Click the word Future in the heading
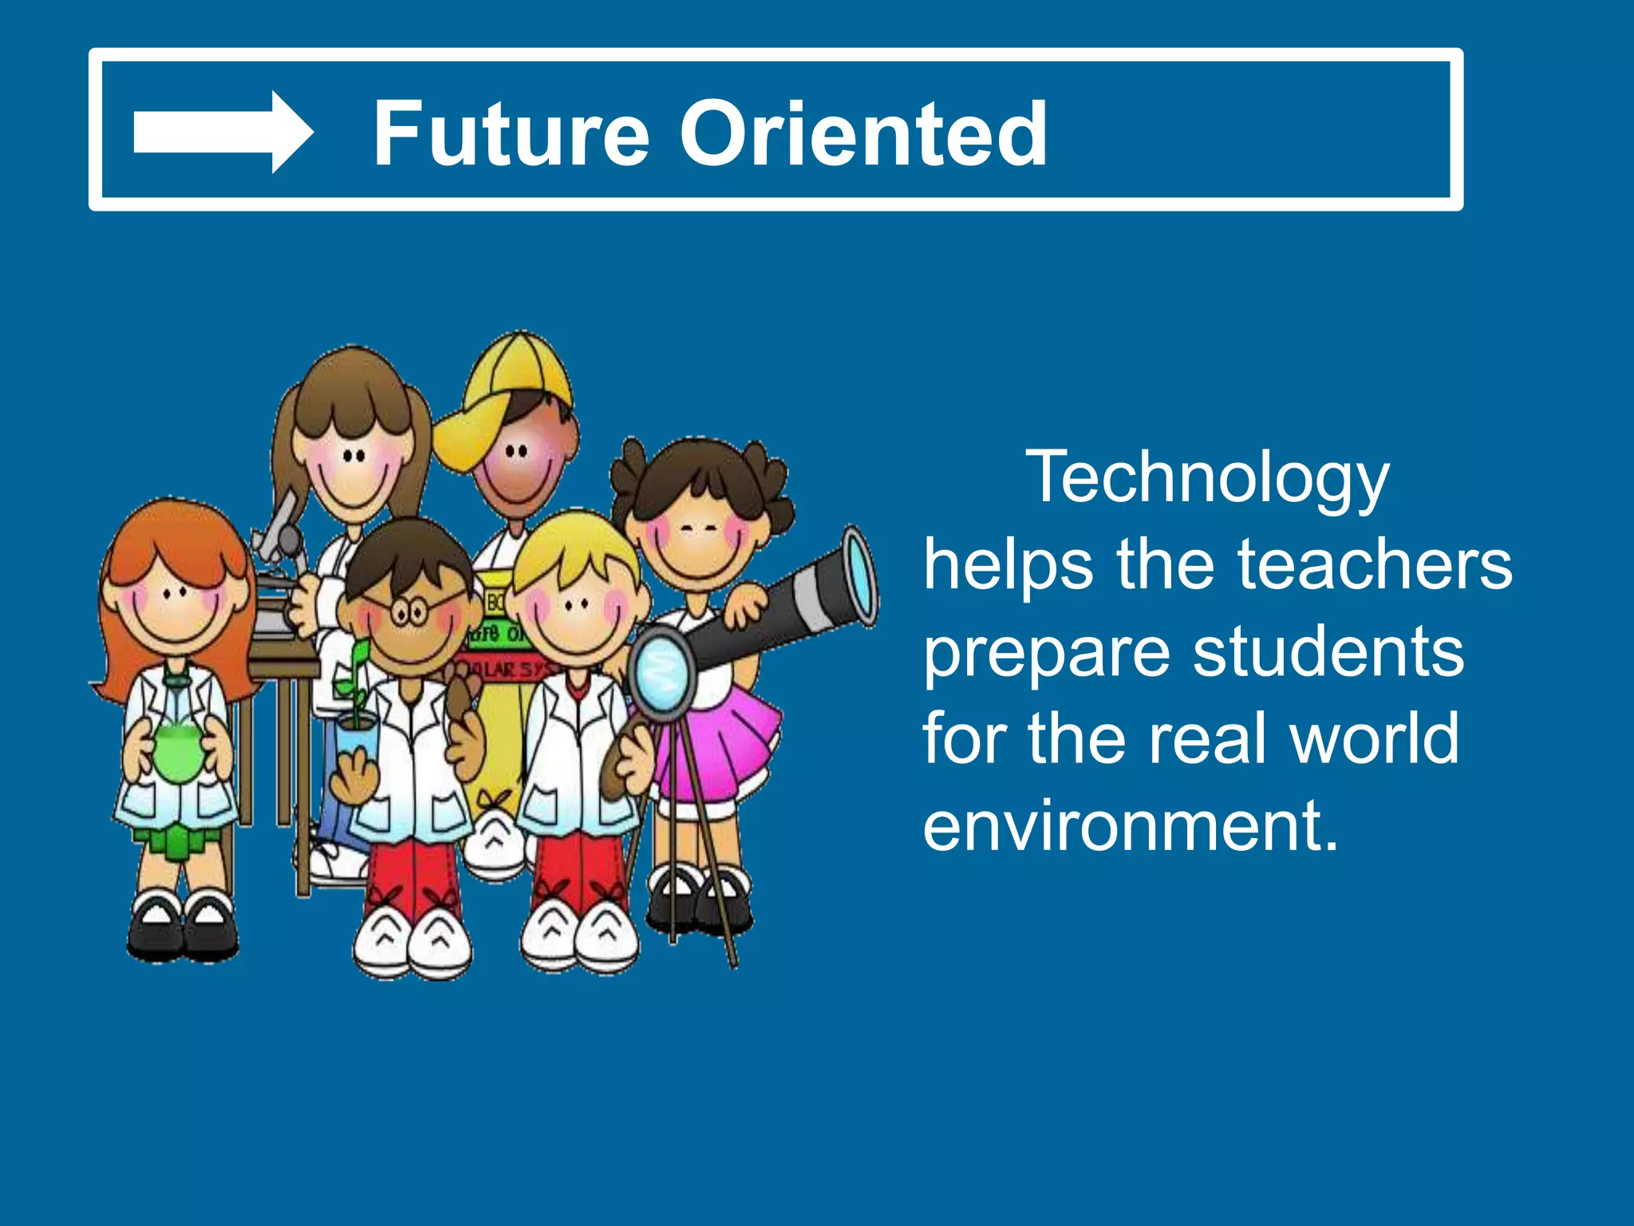(511, 133)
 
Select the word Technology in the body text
(1207, 479)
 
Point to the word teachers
(1374, 564)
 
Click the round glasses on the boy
(408, 613)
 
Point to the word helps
(1008, 564)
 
